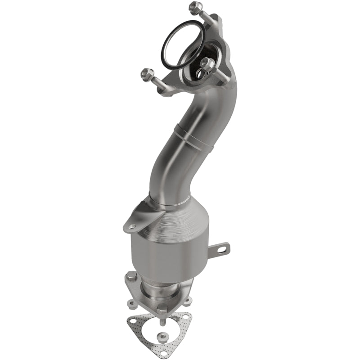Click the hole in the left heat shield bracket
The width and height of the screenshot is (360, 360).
(132, 226)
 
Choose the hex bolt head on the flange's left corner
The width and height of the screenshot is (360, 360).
(131, 276)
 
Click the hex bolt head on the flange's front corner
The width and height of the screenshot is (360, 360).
(162, 309)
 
